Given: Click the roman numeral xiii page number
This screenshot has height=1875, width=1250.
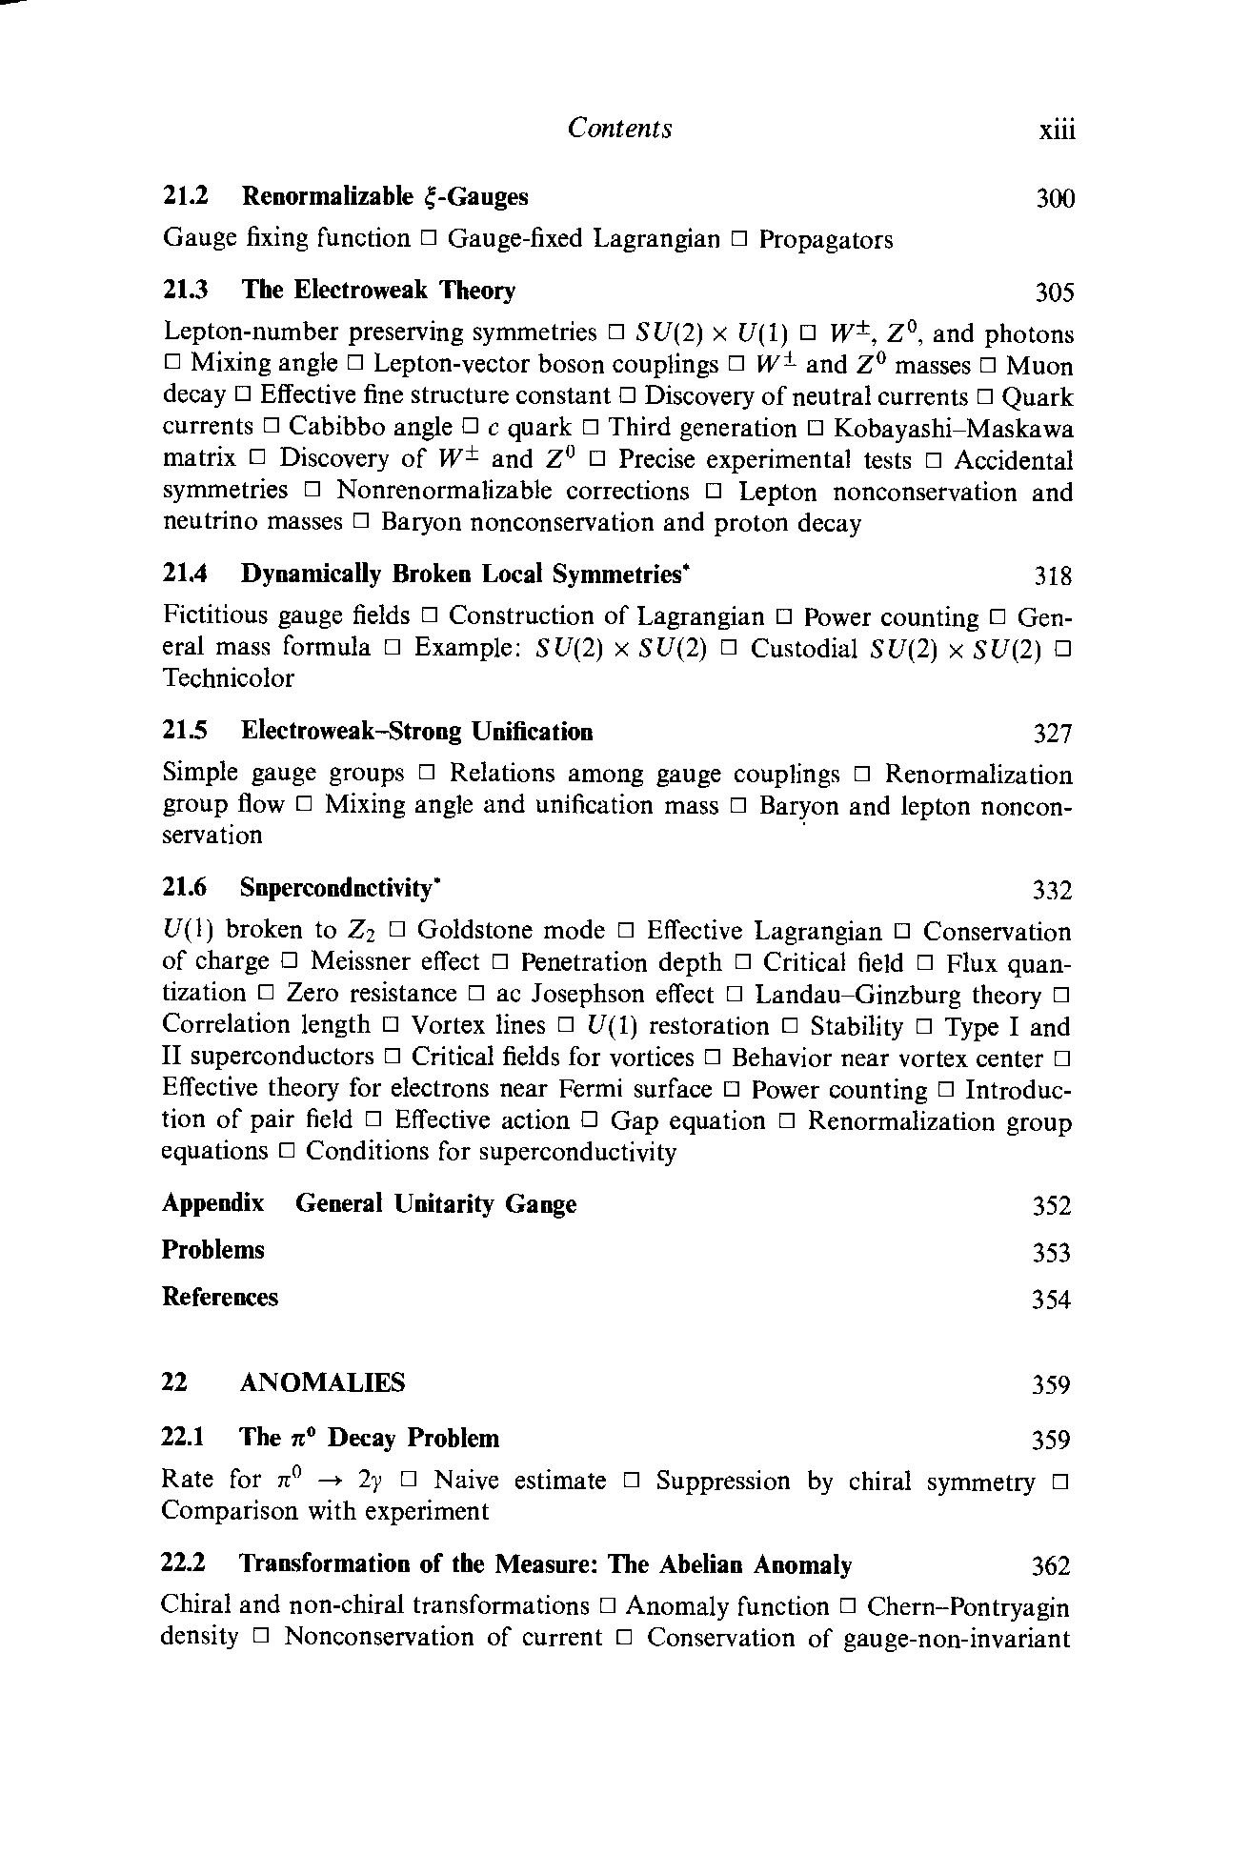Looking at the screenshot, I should (x=1057, y=131).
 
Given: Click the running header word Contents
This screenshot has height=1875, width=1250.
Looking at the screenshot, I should (x=619, y=129).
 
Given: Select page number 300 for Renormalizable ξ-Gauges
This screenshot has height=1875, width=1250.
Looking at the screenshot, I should (x=1055, y=199).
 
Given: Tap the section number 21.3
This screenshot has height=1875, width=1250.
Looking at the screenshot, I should (x=186, y=290).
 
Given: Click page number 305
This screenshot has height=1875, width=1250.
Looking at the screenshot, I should (x=1055, y=292).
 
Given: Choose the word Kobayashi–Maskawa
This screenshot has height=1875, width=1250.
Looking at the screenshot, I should (x=953, y=428).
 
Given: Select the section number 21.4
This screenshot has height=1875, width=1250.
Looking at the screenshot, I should (x=186, y=574).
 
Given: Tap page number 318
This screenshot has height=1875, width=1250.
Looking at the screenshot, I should (x=1054, y=576).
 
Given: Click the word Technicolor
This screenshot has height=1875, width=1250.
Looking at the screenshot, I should (x=229, y=678).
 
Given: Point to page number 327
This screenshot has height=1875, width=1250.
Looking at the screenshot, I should (x=1054, y=734).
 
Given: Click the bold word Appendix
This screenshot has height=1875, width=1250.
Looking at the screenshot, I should (x=212, y=1204).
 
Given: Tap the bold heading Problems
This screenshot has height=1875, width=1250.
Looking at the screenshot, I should (x=213, y=1250).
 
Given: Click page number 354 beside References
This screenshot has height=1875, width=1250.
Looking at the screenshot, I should (x=1052, y=1300).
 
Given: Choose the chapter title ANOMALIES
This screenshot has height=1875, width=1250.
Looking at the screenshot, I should (x=322, y=1382).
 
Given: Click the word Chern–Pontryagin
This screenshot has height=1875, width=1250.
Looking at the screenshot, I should (x=968, y=1607).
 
